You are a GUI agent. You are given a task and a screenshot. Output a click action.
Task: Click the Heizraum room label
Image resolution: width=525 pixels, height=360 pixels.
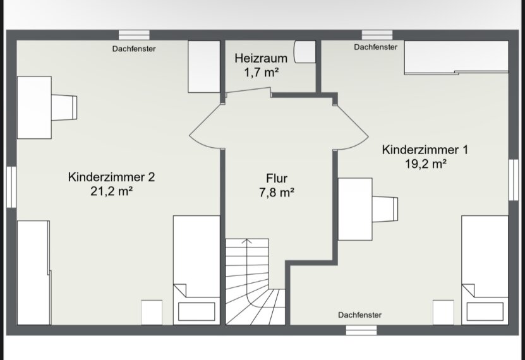[261, 58]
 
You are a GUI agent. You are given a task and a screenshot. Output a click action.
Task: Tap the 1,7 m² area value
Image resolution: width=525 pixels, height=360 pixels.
[262, 72]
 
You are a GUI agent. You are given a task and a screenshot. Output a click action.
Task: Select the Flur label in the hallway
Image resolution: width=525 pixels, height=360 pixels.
[277, 178]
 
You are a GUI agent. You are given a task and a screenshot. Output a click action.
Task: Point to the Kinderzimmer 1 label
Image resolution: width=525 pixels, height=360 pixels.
[425, 150]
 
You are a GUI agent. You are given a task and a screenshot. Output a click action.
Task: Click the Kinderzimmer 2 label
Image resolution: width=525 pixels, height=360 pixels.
[111, 177]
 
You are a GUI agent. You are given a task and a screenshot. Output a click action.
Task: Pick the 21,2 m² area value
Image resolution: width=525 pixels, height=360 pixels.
[111, 191]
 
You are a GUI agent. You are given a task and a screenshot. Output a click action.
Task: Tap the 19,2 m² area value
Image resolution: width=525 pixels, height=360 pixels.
[426, 164]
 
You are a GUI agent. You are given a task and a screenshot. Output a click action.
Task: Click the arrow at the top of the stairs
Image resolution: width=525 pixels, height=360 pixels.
[247, 241]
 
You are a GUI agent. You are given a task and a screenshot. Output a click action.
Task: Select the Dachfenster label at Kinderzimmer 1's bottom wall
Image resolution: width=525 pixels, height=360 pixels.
[359, 315]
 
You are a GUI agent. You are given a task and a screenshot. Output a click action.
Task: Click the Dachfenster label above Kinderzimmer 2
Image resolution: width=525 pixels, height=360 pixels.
[134, 49]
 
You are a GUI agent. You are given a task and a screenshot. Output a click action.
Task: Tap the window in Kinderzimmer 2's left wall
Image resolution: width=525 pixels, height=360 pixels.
[11, 187]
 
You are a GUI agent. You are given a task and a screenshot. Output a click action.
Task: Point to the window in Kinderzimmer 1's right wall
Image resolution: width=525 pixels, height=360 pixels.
[513, 180]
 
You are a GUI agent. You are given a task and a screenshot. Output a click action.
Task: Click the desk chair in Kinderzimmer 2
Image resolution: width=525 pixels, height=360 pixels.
[64, 107]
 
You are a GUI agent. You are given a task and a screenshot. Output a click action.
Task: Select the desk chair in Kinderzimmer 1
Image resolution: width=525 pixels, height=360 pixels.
[385, 209]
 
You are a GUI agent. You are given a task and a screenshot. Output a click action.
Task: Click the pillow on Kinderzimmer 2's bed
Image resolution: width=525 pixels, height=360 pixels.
[196, 311]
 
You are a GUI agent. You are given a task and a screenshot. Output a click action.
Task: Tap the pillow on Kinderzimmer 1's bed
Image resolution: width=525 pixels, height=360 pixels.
[485, 311]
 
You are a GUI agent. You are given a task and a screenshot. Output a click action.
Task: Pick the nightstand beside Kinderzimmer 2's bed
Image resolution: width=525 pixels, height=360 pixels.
[152, 313]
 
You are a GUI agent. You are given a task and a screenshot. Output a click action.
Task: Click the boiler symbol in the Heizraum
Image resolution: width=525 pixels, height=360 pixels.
[305, 52]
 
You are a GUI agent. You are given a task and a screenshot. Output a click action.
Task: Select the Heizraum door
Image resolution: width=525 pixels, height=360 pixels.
[248, 92]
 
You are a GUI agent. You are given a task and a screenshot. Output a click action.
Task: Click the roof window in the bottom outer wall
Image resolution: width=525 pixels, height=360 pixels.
[361, 330]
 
